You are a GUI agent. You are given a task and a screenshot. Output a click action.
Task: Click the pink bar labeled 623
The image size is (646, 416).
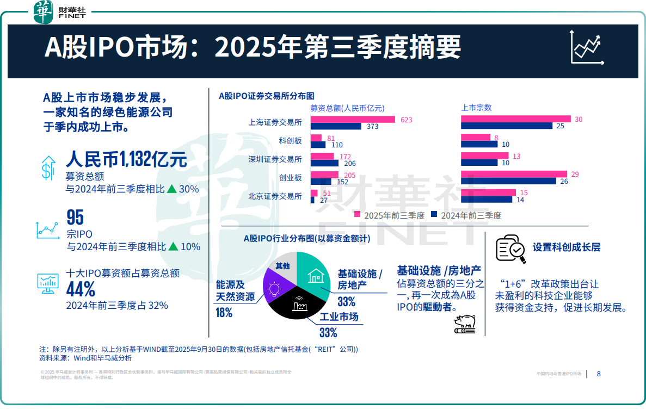353,120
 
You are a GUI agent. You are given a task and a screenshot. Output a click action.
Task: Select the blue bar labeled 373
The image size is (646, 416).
336,127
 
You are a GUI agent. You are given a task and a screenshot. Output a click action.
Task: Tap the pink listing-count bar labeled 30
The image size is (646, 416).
515,119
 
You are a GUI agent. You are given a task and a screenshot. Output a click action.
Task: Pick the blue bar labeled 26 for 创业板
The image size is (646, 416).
508,181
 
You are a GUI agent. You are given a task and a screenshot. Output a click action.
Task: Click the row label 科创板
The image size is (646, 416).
290,140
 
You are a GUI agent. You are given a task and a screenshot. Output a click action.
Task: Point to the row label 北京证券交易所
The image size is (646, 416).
275,196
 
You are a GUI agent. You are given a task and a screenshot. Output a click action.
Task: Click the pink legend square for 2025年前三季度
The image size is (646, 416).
357,215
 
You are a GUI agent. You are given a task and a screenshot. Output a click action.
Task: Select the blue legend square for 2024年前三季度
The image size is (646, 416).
434,215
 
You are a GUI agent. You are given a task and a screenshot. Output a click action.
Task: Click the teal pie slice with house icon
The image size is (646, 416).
312,275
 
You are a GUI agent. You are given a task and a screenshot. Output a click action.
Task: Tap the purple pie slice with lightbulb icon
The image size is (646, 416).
275,285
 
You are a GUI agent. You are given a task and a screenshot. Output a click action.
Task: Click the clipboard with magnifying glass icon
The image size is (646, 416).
510,249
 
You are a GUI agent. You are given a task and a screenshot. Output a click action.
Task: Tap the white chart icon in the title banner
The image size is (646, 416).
587,47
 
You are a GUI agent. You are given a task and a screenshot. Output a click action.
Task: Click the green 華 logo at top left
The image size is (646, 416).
43,12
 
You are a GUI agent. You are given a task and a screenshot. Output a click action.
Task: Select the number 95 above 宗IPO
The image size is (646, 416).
75,218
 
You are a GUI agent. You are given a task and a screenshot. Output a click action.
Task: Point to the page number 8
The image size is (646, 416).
599,374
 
